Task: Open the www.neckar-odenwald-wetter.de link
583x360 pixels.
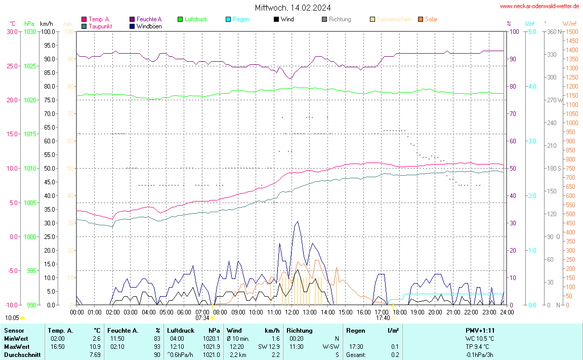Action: (539, 6)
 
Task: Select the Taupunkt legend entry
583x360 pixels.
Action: (100, 26)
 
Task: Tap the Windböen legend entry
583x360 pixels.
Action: (149, 26)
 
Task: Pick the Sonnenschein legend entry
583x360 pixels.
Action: (394, 19)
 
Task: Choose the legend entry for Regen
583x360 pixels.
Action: (241, 19)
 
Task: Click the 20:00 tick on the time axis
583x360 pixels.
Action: (435, 312)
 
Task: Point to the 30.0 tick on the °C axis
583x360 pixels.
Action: (12, 32)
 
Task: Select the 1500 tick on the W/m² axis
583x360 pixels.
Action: (571, 32)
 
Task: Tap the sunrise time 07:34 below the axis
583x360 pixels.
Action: (202, 318)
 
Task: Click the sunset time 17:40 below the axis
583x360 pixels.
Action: (383, 318)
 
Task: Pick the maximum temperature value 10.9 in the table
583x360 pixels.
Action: (96, 347)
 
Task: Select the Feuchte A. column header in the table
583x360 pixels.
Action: (123, 331)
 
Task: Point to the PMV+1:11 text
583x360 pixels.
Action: (480, 331)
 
